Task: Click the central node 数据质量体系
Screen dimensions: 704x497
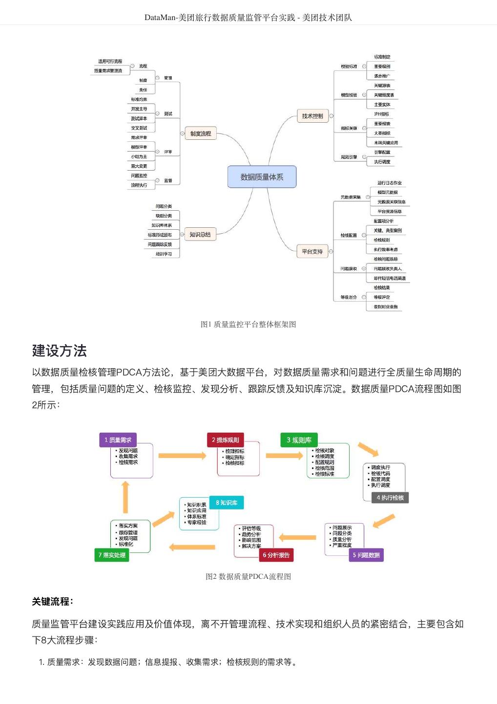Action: pyautogui.click(x=262, y=177)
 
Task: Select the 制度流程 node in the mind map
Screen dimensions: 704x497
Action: pyautogui.click(x=201, y=133)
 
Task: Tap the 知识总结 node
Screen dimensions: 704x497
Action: pyautogui.click(x=200, y=235)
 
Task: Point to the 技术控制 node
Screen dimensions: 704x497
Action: pyautogui.click(x=312, y=116)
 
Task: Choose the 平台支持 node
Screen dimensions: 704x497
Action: pyautogui.click(x=312, y=252)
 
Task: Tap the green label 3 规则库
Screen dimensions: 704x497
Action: pyautogui.click(x=299, y=440)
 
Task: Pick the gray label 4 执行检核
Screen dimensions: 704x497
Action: pyautogui.click(x=390, y=498)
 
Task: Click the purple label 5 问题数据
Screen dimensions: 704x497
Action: pyautogui.click(x=366, y=555)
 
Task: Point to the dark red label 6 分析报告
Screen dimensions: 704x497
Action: pyautogui.click(x=276, y=555)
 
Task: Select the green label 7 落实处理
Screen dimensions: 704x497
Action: pyautogui.click(x=112, y=555)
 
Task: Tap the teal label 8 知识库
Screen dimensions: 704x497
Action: pyautogui.click(x=227, y=503)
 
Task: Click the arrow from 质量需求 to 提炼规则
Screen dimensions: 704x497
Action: pyautogui.click(x=182, y=456)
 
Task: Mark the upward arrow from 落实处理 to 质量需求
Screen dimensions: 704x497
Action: pyautogui.click(x=125, y=497)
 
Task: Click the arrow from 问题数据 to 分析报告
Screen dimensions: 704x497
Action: pyautogui.click(x=297, y=537)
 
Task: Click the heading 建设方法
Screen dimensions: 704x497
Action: pyautogui.click(x=60, y=351)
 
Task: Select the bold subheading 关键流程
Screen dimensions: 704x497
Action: pyautogui.click(x=53, y=601)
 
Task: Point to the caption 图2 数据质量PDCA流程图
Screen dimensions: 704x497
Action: pyautogui.click(x=248, y=576)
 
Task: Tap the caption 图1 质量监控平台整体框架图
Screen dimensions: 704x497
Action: pyautogui.click(x=248, y=324)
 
